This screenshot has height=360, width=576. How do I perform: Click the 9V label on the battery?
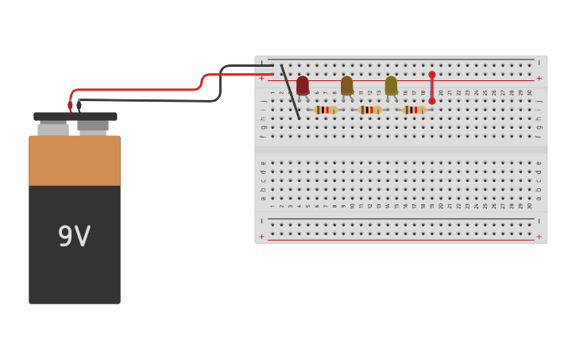pos(74,237)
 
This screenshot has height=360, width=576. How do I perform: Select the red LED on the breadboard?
pos(303,85)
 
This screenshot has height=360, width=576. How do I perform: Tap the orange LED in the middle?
pos(347,85)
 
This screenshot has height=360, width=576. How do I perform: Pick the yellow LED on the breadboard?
pos(391,85)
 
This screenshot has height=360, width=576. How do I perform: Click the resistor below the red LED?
pos(325,110)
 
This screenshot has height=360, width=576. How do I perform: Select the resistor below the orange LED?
pos(369,110)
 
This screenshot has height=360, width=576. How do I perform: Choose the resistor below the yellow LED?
pos(414,110)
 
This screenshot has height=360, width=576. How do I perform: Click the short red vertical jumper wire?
pos(432,88)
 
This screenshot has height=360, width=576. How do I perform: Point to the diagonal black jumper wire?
pos(290,92)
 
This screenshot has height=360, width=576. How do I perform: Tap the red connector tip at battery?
pos(70,106)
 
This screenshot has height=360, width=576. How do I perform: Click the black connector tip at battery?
pos(79,105)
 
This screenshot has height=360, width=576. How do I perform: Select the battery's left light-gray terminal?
pos(53,129)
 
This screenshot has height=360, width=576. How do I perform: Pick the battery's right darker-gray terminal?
pos(93,126)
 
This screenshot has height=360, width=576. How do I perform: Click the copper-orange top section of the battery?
pos(75,161)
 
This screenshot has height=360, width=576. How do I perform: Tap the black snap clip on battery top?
pos(75,116)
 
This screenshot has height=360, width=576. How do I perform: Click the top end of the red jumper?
pos(432,75)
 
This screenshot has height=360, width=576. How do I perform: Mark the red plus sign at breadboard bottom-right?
pos(539,236)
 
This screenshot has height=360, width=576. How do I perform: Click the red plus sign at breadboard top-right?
pos(539,78)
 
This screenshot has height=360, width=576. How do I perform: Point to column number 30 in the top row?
pos(530,92)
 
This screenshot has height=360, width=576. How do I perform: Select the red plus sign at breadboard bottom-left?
pos(262,236)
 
